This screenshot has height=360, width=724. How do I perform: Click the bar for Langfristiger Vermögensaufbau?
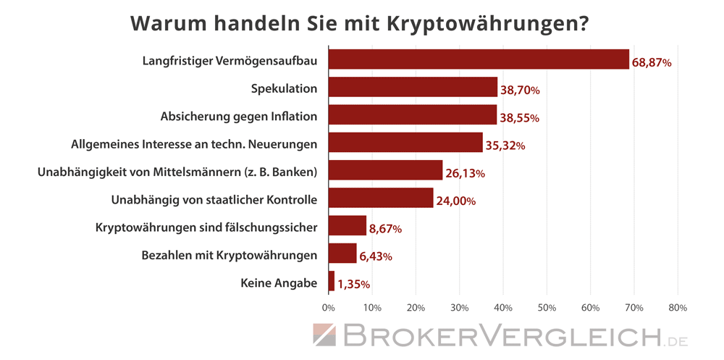(x=479, y=59)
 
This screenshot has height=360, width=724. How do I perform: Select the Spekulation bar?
(x=413, y=88)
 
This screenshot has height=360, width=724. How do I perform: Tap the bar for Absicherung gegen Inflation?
(x=412, y=115)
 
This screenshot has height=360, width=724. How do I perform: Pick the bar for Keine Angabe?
(x=332, y=282)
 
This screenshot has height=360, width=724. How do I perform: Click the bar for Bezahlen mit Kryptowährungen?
(x=342, y=254)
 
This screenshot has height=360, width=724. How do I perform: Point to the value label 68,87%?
(x=652, y=63)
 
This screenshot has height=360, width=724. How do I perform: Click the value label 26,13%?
(x=464, y=174)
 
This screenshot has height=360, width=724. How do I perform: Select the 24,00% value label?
(x=455, y=201)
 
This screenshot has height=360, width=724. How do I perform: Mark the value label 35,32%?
(x=505, y=146)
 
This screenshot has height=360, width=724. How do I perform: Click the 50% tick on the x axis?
(x=547, y=308)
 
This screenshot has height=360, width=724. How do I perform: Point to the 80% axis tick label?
(x=677, y=308)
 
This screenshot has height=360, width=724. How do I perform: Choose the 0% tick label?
(x=329, y=308)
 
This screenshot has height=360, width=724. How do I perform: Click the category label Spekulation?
(x=284, y=88)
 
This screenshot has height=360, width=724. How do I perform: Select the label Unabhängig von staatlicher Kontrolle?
(x=214, y=199)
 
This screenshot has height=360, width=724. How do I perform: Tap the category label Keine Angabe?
(x=279, y=283)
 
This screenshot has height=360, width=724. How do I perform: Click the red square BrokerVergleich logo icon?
(x=325, y=335)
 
